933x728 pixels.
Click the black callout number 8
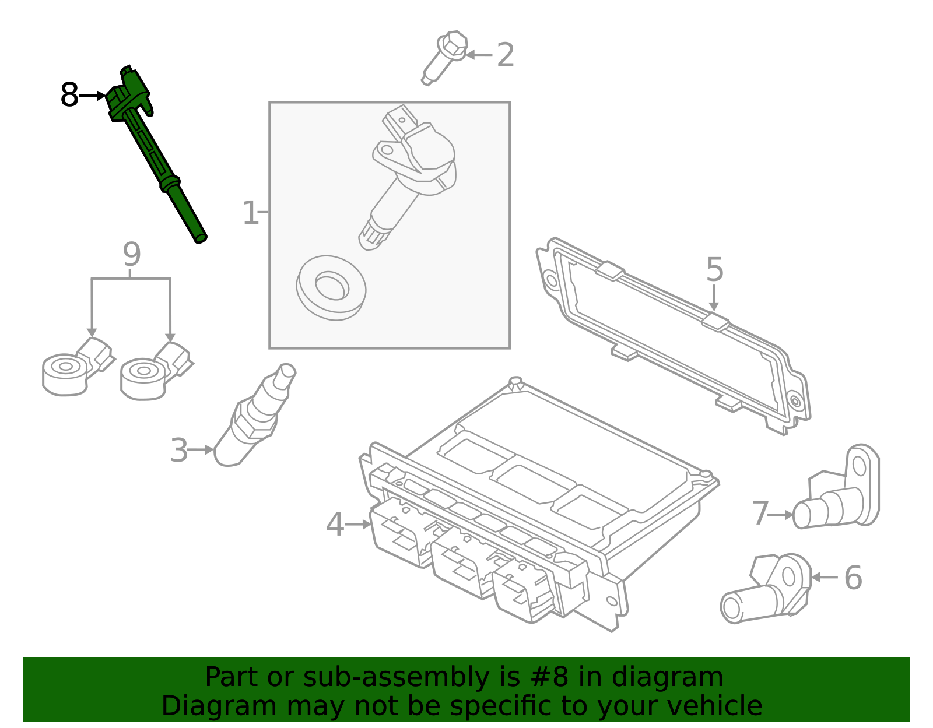coord(69,95)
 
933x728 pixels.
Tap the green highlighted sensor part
coord(155,152)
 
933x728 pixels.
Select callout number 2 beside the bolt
coord(505,55)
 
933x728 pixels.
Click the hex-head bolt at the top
coord(447,56)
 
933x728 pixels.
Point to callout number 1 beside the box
coord(250,213)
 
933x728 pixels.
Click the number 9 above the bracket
coord(132,255)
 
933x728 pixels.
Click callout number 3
coord(179,451)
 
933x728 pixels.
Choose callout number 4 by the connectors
coord(335,525)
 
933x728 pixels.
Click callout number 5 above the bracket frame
coord(714,269)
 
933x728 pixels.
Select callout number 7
coord(760,514)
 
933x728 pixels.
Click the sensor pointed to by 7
coord(840,495)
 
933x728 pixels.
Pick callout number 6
coord(853,578)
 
